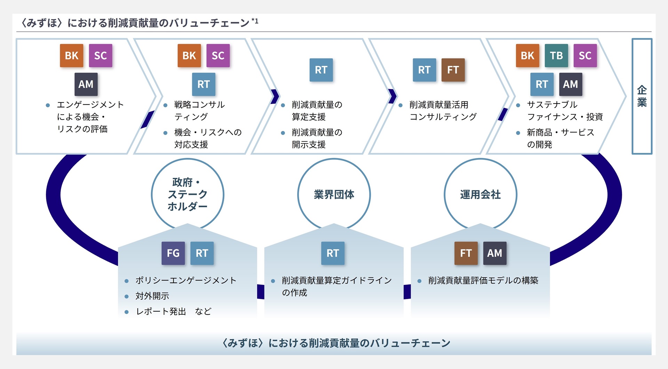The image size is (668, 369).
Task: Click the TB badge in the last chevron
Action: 556,56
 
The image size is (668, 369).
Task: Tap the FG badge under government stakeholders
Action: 173,253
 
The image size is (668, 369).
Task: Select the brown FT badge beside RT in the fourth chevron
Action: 453,70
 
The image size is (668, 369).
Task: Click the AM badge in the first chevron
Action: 86,84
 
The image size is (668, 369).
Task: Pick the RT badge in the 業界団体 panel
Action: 333,253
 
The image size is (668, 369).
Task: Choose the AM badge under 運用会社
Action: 494,253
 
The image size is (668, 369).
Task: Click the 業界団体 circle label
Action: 334,194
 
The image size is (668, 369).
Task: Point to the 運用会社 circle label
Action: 480,194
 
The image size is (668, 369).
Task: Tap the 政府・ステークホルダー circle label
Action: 188,194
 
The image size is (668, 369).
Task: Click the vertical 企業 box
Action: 642,96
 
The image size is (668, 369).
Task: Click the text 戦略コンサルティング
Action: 199,110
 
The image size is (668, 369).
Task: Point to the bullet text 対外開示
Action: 152,296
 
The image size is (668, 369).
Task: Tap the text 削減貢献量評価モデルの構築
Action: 483,280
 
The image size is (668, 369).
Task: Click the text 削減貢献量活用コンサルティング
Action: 443,110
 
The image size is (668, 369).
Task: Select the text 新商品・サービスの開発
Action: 560,138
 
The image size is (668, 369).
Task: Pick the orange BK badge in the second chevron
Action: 189,56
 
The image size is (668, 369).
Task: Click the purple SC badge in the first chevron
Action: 100,56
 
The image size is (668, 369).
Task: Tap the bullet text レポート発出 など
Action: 173,312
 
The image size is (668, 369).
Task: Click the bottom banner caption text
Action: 336,343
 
